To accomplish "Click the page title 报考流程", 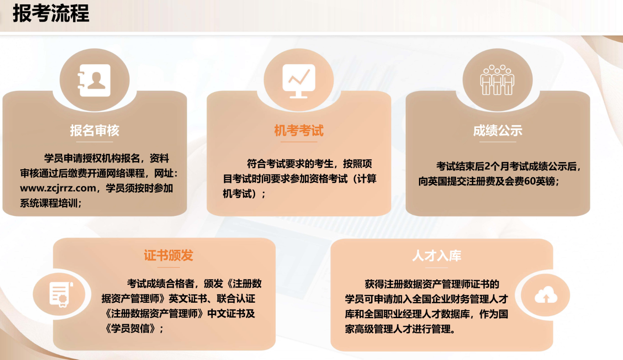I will pyautogui.click(x=51, y=14).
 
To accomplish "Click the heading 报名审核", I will pyautogui.click(x=95, y=130).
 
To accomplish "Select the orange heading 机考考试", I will pyautogui.click(x=299, y=130).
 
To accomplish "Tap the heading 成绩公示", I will pyautogui.click(x=497, y=130).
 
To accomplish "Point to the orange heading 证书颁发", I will pyautogui.click(x=168, y=255).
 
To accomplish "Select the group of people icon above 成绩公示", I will pyautogui.click(x=497, y=80).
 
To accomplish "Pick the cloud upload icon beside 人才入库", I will pyautogui.click(x=546, y=295).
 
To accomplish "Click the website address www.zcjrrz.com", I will pyautogui.click(x=58, y=189).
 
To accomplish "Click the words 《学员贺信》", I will pyautogui.click(x=132, y=328).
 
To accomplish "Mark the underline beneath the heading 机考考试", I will pyautogui.click(x=299, y=142).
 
